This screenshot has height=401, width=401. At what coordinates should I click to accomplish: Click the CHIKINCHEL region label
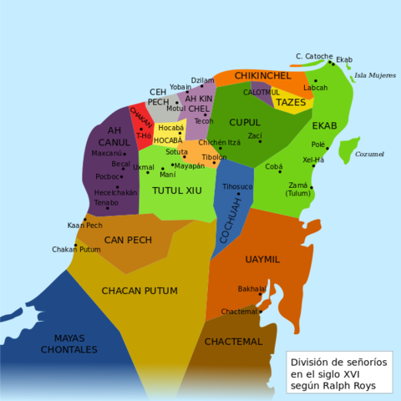(262, 75)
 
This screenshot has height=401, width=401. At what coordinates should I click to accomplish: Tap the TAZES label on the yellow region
(290, 102)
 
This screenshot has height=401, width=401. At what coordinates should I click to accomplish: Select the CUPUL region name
(245, 122)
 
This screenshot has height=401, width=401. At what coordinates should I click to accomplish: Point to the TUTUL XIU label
(177, 190)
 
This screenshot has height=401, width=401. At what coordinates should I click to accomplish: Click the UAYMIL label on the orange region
(262, 259)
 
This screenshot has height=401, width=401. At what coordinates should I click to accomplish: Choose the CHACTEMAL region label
(233, 342)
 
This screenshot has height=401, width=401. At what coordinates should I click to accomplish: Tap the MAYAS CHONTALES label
(63, 343)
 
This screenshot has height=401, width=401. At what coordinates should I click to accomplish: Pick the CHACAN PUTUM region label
(140, 291)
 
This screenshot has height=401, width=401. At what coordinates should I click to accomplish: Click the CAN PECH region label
(128, 240)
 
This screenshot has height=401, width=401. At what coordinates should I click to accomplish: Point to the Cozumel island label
(369, 155)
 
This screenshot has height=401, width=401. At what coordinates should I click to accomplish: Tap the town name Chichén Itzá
(219, 143)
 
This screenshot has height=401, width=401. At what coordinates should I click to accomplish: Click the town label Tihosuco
(237, 185)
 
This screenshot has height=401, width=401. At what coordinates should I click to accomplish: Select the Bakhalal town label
(251, 288)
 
